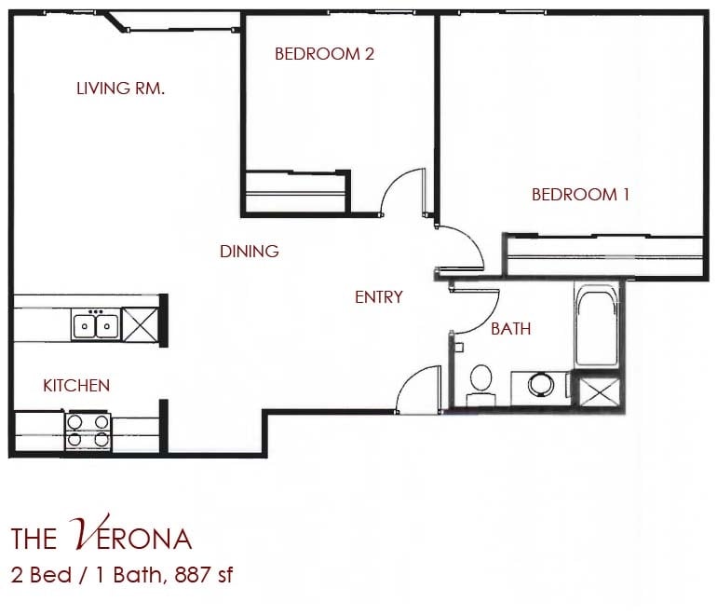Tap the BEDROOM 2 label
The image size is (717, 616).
324,54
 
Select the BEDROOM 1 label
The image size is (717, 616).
580,195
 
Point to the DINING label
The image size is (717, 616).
249,252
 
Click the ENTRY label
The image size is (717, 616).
378,297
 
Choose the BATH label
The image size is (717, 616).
510,328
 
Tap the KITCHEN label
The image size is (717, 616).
76,385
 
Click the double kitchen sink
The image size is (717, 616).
95,325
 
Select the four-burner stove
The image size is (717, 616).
87,431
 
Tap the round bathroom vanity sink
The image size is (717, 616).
541,384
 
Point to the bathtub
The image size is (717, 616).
596,328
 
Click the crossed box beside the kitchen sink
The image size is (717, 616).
142,325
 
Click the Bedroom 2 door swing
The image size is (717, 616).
403,194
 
